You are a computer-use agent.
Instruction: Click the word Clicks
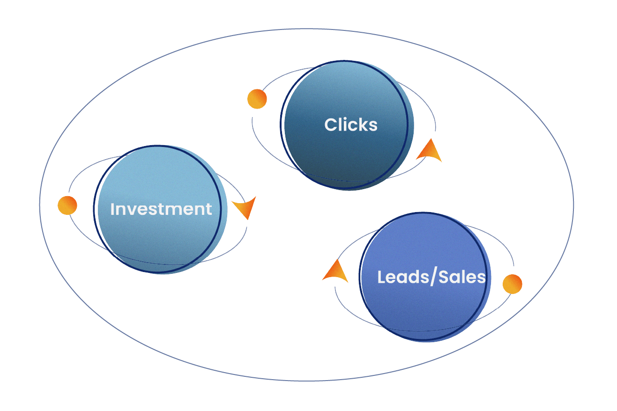pyautogui.click(x=351, y=125)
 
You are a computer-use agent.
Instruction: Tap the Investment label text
pyautogui.click(x=161, y=209)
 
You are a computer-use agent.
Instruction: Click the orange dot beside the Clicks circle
pyautogui.click(x=257, y=99)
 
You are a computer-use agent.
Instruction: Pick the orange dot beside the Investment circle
pyautogui.click(x=67, y=205)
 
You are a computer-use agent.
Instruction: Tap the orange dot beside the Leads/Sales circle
pyautogui.click(x=512, y=284)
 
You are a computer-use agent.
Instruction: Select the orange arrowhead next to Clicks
pyautogui.click(x=430, y=151)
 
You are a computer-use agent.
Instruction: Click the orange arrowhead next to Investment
pyautogui.click(x=245, y=207)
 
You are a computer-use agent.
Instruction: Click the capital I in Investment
pyautogui.click(x=112, y=209)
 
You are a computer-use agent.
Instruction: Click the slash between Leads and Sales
pyautogui.click(x=432, y=277)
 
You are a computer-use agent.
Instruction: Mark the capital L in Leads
pyautogui.click(x=381, y=277)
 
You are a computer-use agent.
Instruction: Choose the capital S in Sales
pyautogui.click(x=443, y=277)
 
